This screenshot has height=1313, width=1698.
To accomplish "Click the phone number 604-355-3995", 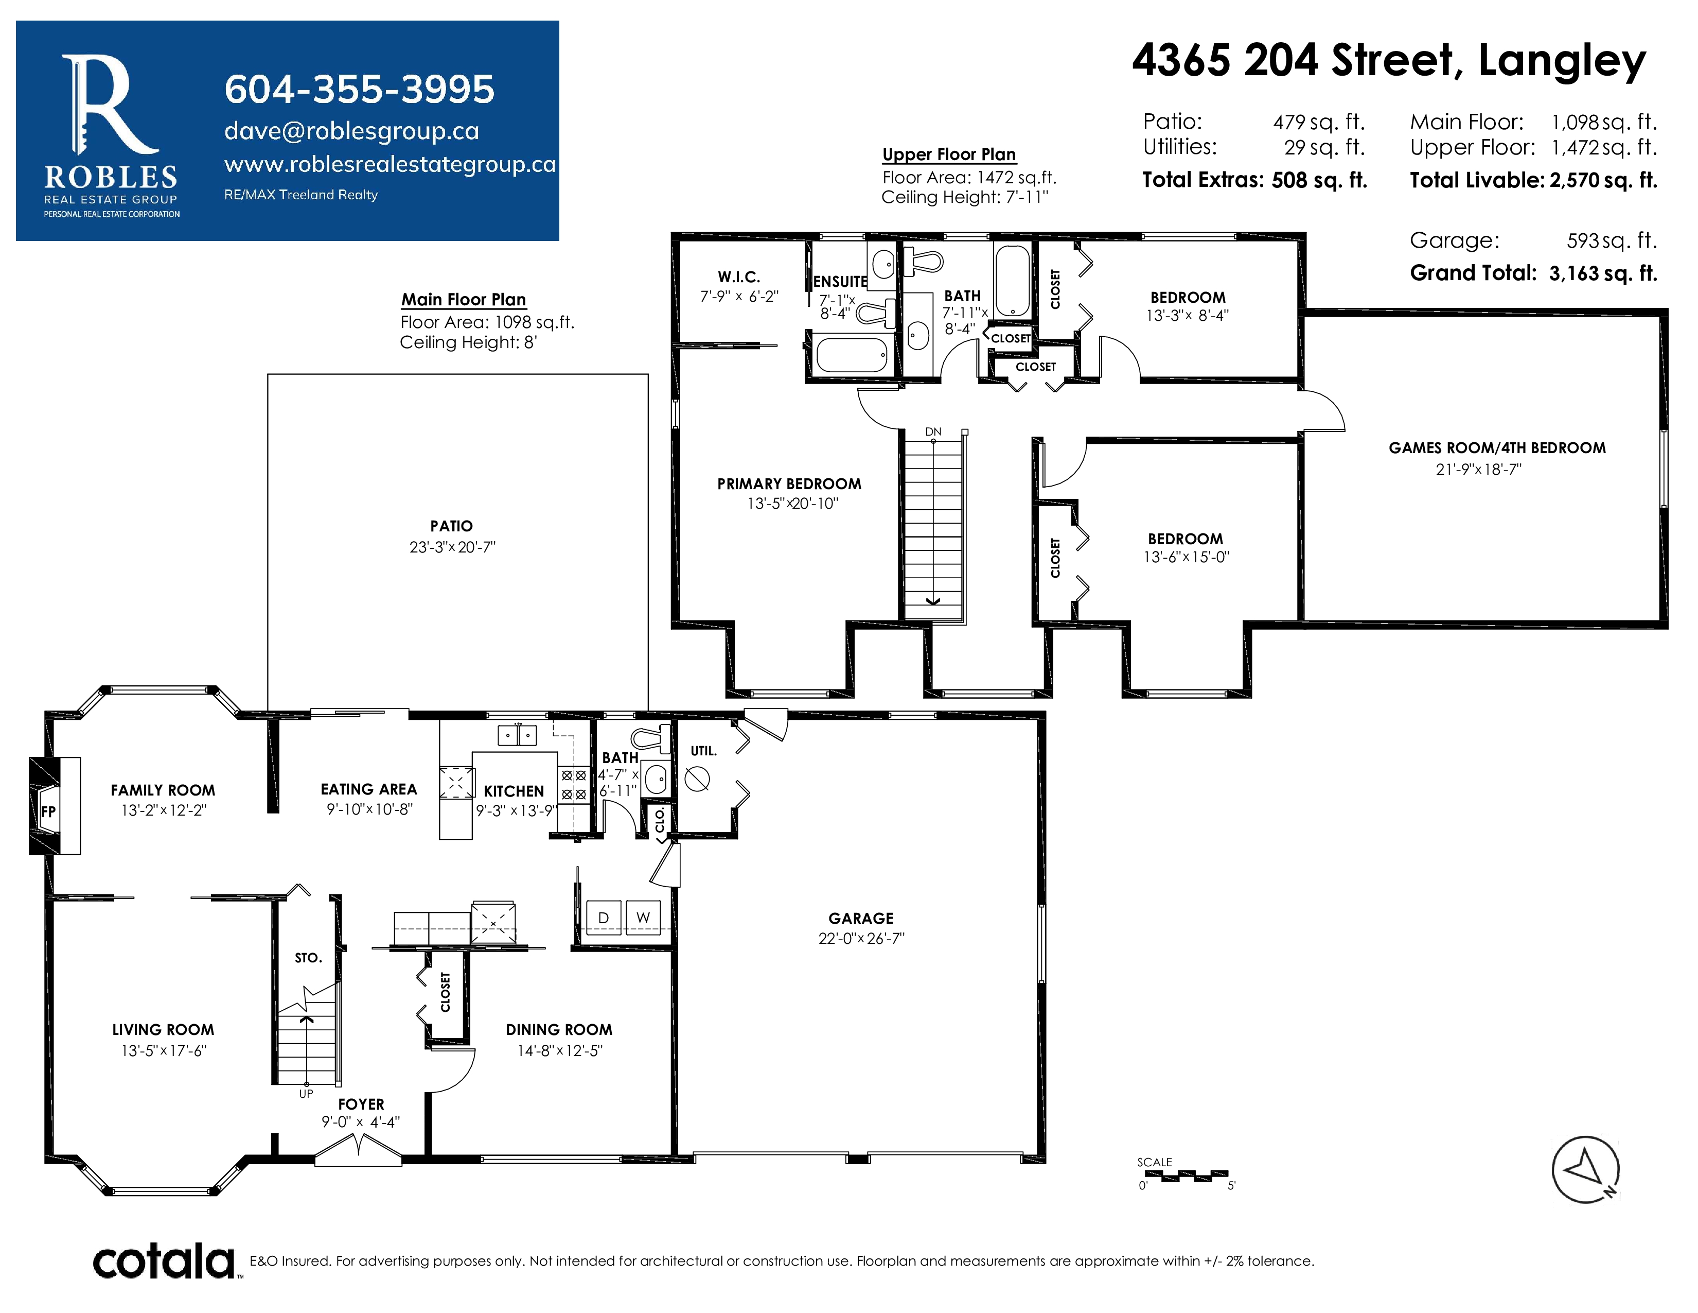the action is (x=359, y=90).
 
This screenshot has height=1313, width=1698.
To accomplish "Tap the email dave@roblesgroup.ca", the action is (x=351, y=131).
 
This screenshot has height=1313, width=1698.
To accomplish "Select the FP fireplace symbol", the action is (x=48, y=811).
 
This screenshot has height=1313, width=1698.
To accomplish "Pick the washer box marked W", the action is (x=643, y=918).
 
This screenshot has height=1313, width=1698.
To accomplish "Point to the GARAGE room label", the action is (x=861, y=919).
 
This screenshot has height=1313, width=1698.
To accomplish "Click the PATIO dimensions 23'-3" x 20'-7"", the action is (x=452, y=548).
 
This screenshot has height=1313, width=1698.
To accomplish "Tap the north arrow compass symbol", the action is (x=1585, y=1169).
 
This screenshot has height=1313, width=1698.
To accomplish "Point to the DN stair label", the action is (x=933, y=431).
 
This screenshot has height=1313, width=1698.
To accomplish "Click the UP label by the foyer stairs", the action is (x=306, y=1094).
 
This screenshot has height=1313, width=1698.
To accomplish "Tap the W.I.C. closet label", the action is (x=738, y=277).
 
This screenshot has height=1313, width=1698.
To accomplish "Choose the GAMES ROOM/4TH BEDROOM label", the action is (x=1497, y=448).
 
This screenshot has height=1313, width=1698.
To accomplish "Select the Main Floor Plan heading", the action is (x=464, y=300).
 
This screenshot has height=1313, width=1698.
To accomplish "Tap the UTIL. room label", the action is (x=703, y=751).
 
